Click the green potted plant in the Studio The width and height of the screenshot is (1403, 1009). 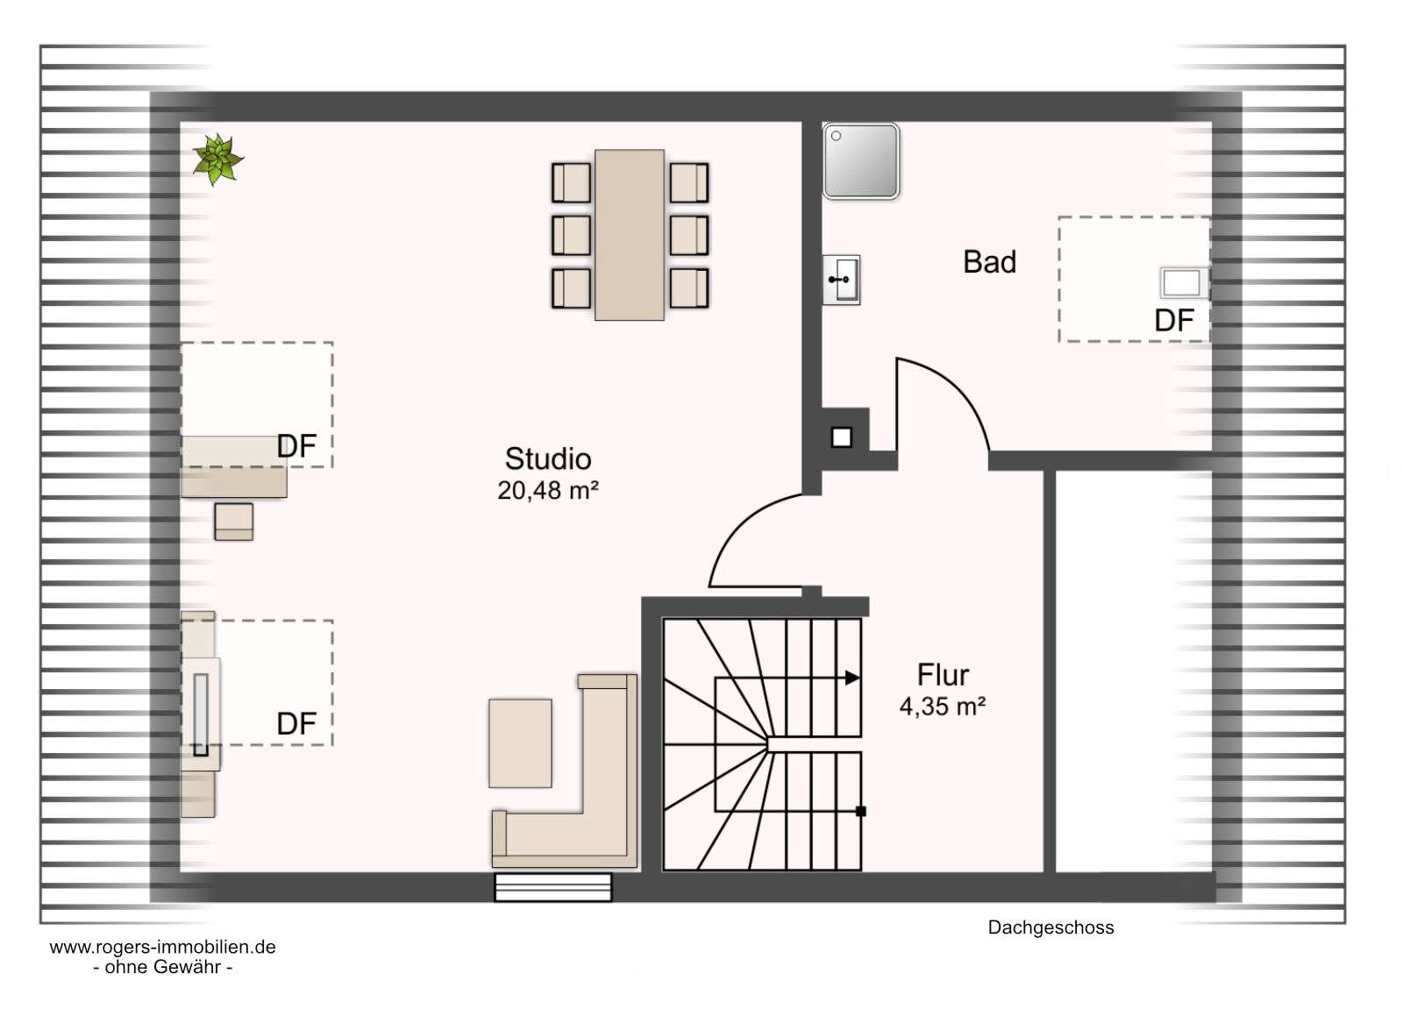point(217,159)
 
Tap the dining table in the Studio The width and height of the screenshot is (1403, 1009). point(629,235)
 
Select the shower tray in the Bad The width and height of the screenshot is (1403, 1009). point(860,161)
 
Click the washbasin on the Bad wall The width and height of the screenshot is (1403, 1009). point(841,280)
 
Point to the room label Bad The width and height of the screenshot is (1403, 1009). point(989,262)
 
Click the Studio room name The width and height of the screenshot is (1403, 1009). point(548,459)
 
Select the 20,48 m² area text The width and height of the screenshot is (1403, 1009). point(548,490)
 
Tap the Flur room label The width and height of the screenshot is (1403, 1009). point(943,674)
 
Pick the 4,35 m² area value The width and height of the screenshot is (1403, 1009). point(943,707)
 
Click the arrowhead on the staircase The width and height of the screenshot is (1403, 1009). point(852,678)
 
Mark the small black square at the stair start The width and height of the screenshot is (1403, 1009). point(860,811)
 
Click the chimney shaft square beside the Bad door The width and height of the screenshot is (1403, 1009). point(841,437)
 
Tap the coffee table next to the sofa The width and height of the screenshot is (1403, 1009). point(520,743)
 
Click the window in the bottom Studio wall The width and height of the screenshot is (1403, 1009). point(553,887)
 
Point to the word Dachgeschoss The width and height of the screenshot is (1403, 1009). point(1051,927)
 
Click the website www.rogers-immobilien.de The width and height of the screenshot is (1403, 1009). point(163,947)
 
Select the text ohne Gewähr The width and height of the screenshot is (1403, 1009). point(163,967)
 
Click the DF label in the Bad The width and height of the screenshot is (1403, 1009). point(1174,321)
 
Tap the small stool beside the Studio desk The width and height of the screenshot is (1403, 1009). point(233,522)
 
